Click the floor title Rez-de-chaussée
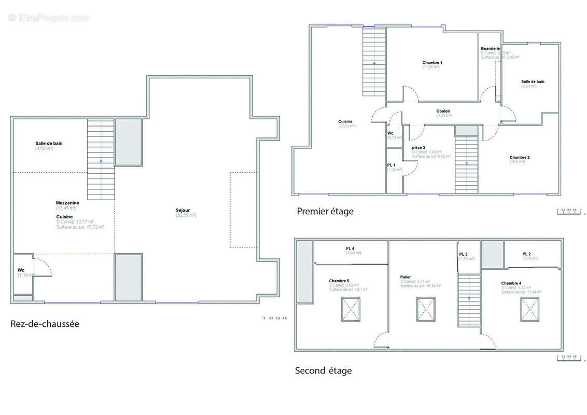[x=45, y=324]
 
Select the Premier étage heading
[x=325, y=211]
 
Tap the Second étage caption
[x=323, y=370]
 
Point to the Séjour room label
[x=183, y=210]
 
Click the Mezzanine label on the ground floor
[x=67, y=202]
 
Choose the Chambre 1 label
[x=432, y=62]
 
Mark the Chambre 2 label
[x=519, y=157]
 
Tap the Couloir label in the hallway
[x=443, y=111]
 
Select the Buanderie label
[x=490, y=49]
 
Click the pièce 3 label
[x=419, y=147]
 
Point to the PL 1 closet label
[x=392, y=165]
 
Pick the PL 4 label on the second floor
[x=350, y=248]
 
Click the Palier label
[x=405, y=277]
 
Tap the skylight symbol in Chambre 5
[x=350, y=309]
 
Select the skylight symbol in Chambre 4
[x=530, y=309]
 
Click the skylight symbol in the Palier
[x=426, y=309]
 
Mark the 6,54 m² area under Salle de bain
[x=528, y=86]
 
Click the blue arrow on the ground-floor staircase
[x=101, y=161]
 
